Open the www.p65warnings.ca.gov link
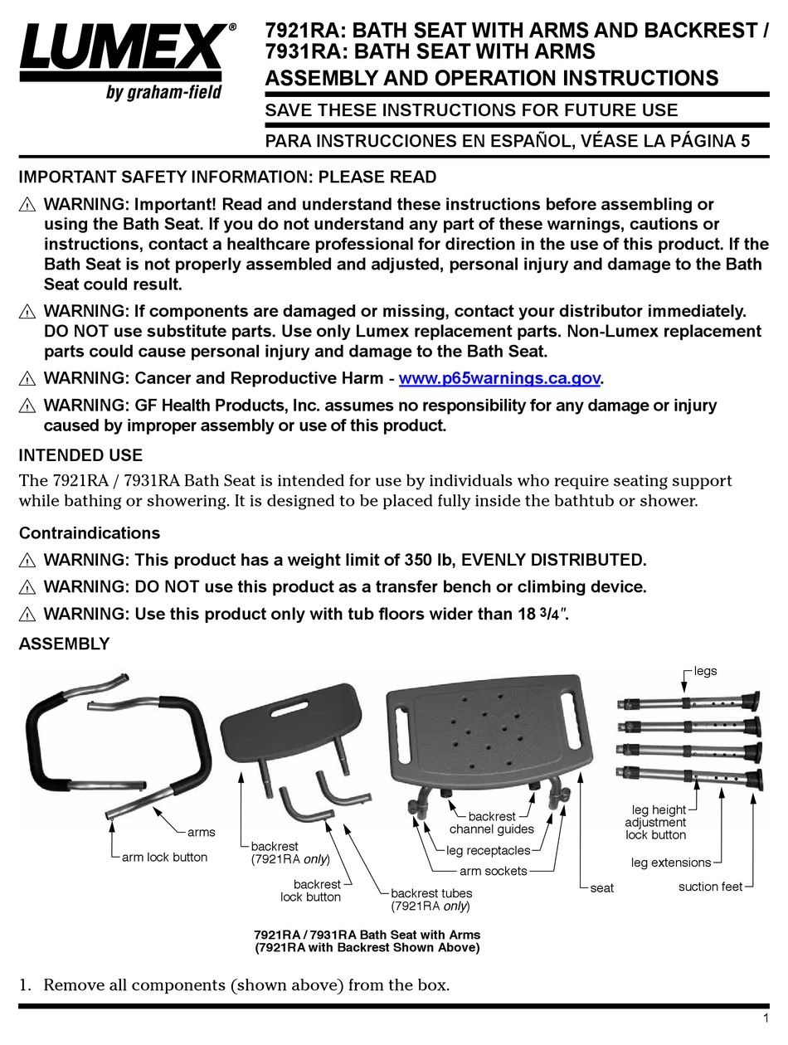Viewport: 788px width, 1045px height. coord(499,378)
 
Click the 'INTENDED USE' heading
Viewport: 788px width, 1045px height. coord(80,455)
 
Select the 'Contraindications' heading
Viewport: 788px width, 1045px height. coord(90,532)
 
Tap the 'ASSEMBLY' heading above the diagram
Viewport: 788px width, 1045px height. coord(64,644)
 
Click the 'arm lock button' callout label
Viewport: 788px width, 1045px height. coord(164,857)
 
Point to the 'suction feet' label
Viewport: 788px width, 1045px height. coord(710,887)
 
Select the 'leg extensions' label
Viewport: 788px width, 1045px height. coord(671,863)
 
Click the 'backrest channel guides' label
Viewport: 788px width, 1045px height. coord(492,823)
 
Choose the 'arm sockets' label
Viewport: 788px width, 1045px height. coord(494,871)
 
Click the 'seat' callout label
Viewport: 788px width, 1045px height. coord(602,888)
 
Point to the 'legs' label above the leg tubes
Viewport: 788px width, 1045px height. coord(705,671)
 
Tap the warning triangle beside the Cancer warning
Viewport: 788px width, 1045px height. coord(27,379)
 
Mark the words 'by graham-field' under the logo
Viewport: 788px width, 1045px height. coord(163,92)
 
